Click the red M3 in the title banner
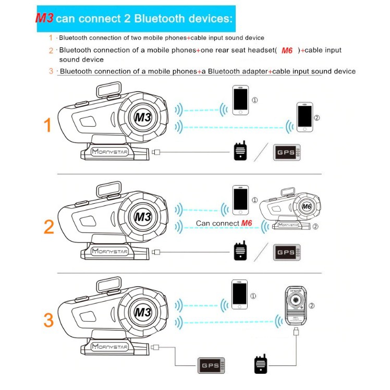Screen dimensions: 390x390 pos(44,19)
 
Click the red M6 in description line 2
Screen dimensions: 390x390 pos(287,51)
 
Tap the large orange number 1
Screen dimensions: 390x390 pos(47,125)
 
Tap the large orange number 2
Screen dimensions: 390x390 pos(48,226)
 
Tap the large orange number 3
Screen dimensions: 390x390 pos(48,320)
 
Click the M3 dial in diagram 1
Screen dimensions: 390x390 pos(142,117)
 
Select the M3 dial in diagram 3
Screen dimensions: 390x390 pos(142,312)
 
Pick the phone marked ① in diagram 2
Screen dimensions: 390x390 pos(240,201)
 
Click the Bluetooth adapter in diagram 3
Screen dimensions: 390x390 pos(298,306)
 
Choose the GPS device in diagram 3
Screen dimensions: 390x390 pos(211,365)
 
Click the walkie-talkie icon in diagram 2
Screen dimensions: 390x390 pos(240,252)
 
